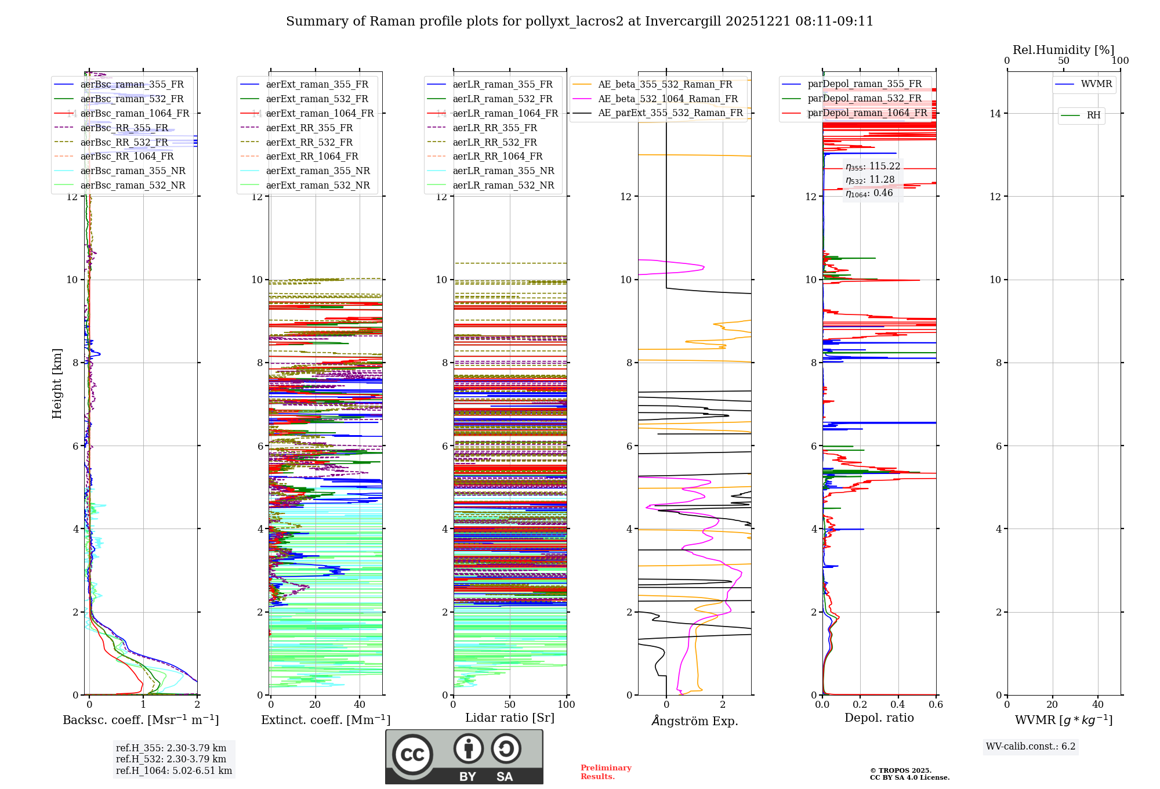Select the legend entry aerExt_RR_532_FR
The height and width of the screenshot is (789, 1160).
(309, 142)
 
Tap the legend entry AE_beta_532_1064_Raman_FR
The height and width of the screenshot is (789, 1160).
(668, 99)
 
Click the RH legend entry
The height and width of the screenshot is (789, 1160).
(1093, 115)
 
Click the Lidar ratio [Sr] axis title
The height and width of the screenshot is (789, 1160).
(510, 718)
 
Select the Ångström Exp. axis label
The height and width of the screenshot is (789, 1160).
(695, 721)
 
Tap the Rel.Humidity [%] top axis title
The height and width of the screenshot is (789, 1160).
(1063, 50)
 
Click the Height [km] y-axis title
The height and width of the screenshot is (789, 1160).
(57, 383)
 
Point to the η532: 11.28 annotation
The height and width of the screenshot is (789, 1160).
(870, 180)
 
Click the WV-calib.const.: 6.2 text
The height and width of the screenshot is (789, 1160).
(1031, 747)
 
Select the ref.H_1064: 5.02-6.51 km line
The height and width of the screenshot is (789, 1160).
(174, 770)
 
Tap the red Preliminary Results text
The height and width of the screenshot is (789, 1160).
(606, 772)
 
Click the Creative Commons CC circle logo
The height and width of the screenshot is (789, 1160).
(412, 754)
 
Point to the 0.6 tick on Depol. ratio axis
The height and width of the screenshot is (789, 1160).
(936, 704)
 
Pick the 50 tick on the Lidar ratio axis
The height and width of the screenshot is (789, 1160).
(510, 704)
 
